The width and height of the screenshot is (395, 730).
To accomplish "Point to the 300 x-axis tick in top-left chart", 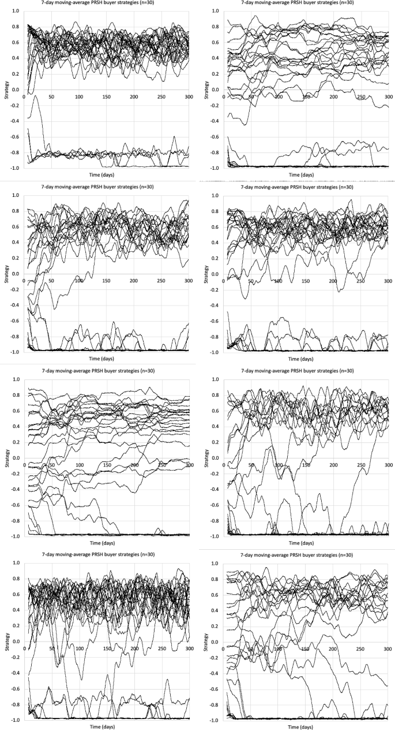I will (x=188, y=96).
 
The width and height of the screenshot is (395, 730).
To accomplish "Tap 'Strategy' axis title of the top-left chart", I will (x=6, y=90).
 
